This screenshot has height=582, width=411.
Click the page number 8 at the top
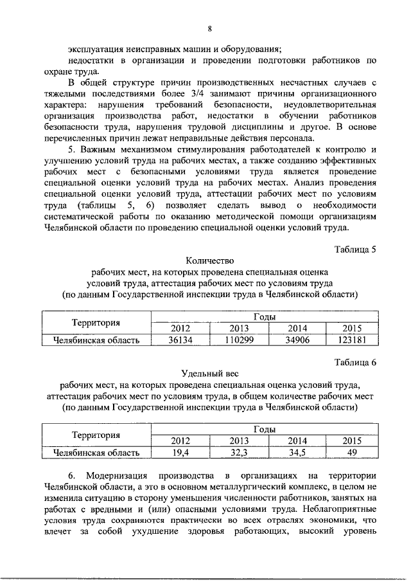209,28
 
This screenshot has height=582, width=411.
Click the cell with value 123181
352,340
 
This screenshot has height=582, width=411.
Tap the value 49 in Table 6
352,453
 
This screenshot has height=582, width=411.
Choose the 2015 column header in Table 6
352,441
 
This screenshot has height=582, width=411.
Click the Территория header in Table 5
96,323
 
